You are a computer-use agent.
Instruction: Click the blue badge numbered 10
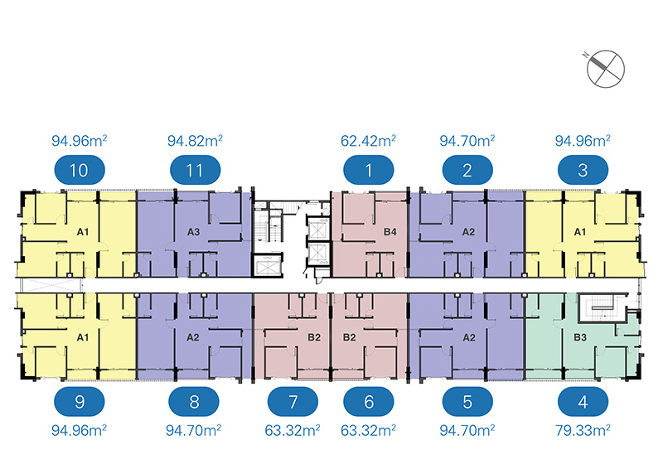tap(80, 172)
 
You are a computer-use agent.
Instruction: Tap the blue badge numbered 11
tap(196, 172)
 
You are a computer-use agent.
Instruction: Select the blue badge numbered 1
tap(370, 172)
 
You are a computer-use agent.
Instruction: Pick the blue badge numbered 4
tap(583, 404)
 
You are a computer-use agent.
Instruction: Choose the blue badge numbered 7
tap(293, 404)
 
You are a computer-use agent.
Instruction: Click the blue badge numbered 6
tap(370, 404)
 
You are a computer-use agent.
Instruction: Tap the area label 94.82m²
tap(196, 141)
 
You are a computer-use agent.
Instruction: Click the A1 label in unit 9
tap(82, 338)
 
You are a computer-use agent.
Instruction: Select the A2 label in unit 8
tap(193, 338)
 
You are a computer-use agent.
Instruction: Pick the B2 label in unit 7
tap(314, 338)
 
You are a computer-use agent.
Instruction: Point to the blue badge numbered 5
tap(468, 404)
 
